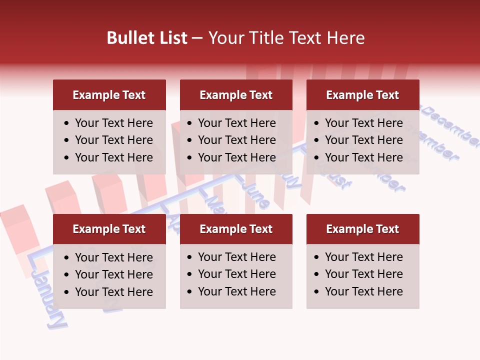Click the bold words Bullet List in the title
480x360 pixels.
click(147, 38)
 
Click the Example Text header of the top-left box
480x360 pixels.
click(109, 95)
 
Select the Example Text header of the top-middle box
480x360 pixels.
click(236, 95)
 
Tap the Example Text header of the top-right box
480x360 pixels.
click(362, 95)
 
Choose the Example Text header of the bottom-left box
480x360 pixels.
click(109, 229)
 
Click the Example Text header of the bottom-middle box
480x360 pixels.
click(236, 229)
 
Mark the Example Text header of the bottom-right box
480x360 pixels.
click(362, 229)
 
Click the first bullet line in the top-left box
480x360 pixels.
click(114, 123)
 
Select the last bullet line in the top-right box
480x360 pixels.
click(363, 157)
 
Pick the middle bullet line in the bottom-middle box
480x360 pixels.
click(237, 274)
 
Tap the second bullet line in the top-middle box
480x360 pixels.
click(237, 140)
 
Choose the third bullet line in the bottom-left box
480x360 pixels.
click(114, 292)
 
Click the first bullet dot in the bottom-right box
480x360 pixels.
click(317, 257)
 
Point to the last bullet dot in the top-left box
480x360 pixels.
click(67, 158)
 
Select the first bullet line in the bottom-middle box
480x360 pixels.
click(237, 257)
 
